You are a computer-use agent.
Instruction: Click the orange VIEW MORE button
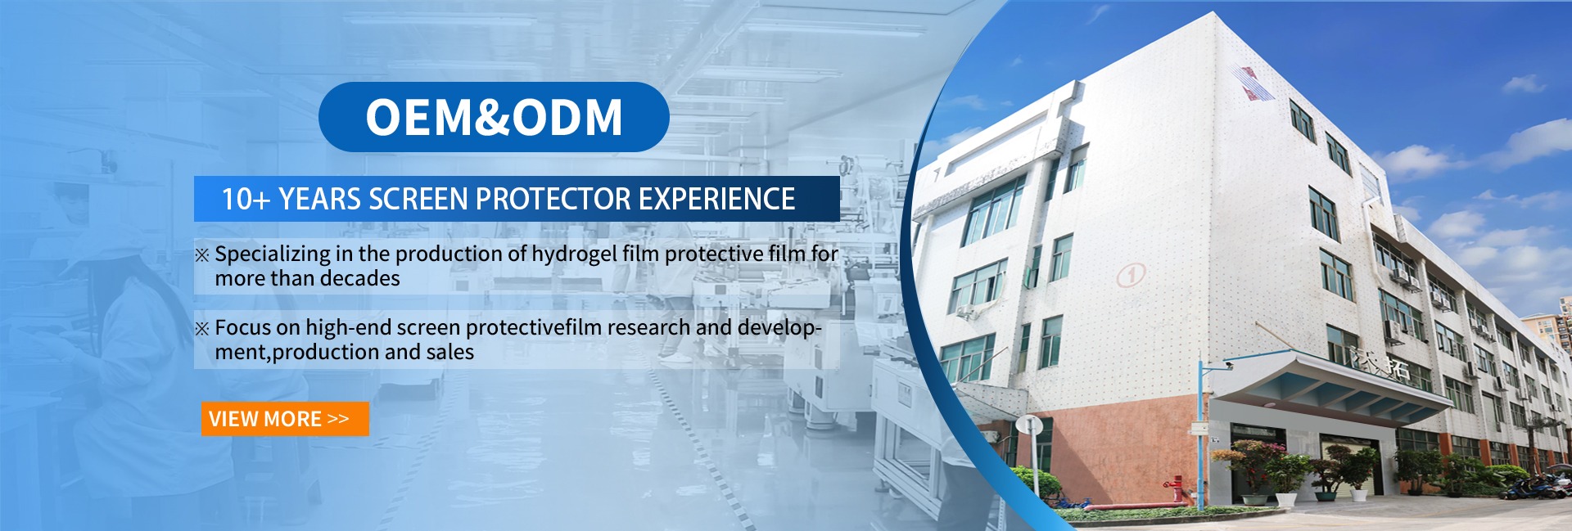(x=285, y=419)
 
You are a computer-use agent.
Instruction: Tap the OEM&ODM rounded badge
(x=494, y=117)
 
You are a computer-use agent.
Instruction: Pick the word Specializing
(x=273, y=254)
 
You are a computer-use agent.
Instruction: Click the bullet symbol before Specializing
(x=202, y=255)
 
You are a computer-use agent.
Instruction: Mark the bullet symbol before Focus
(x=202, y=329)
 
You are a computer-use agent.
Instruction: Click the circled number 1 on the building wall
(x=1131, y=275)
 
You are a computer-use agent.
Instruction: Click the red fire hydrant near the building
(x=1177, y=489)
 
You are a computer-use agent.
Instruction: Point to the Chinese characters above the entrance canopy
(x=1380, y=363)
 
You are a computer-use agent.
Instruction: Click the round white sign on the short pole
(x=1029, y=425)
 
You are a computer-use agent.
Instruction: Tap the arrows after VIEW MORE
(x=338, y=419)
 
